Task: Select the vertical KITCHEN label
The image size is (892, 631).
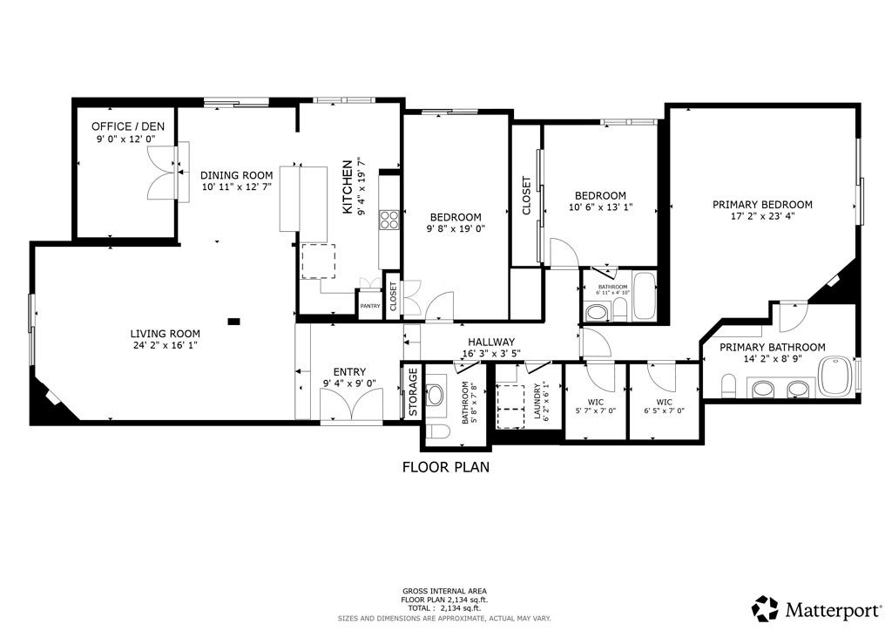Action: (x=348, y=187)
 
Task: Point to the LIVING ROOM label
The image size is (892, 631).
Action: (x=165, y=334)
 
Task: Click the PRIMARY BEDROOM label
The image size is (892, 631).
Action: (x=762, y=205)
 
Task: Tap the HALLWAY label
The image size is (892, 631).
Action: (x=491, y=343)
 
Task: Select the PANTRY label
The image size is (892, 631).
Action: (x=369, y=306)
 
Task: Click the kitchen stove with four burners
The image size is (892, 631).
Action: (x=389, y=220)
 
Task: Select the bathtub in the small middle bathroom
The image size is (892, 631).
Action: (x=645, y=297)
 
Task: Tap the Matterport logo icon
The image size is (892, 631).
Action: (x=765, y=607)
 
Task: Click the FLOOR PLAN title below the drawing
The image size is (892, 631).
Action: (x=445, y=467)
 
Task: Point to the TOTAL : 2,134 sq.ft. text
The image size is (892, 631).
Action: (x=445, y=608)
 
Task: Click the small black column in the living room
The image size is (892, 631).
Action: (x=233, y=322)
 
